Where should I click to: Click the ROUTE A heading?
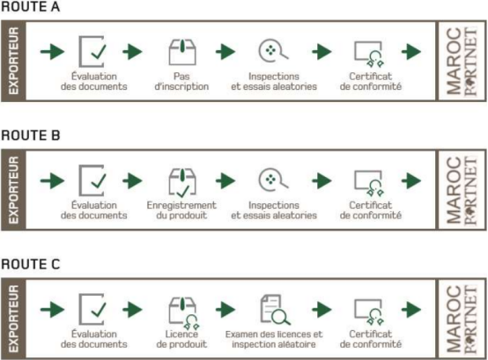point(30,7)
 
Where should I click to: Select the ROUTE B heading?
point(31,136)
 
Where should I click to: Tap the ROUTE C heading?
point(31,264)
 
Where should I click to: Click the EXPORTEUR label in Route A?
point(13,61)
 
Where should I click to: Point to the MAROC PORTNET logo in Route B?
point(462,190)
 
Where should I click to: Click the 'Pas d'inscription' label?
point(181,81)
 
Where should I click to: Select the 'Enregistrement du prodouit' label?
point(181,210)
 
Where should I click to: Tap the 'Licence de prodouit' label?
point(181,339)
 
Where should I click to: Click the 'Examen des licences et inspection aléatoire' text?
point(274,339)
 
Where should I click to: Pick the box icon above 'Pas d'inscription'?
point(182,52)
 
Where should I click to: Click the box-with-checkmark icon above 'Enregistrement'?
point(182,182)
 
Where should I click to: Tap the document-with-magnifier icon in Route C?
point(275,309)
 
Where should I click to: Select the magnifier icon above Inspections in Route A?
point(273,50)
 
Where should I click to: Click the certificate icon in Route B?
point(369,183)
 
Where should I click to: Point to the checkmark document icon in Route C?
point(92,309)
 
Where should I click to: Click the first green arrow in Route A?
point(52,51)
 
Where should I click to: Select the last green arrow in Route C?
point(411,309)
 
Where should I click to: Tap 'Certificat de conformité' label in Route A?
point(370,81)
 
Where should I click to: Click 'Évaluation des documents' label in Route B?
point(94,210)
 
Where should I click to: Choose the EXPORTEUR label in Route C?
point(13,319)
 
